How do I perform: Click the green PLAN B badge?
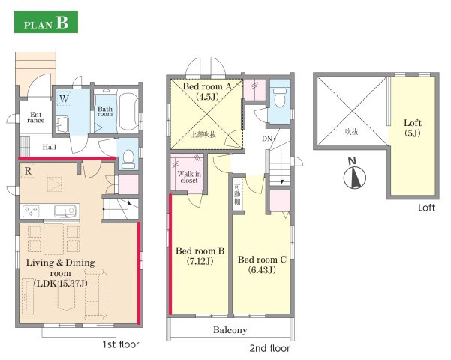tap(46, 22)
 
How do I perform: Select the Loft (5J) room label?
tap(413, 128)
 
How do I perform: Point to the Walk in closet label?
tap(189, 177)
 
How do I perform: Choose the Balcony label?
tap(230, 330)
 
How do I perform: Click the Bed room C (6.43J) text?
tap(262, 264)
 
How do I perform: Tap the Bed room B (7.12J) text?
tap(200, 256)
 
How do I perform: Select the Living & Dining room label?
tap(60, 268)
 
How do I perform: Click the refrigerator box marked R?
tap(28, 171)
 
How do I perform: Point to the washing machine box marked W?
tap(64, 99)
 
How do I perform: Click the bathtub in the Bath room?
tap(128, 111)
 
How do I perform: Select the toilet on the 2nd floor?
tap(281, 97)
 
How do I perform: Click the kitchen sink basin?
tap(65, 211)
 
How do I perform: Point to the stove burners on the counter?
tap(31, 211)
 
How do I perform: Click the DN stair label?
tap(267, 139)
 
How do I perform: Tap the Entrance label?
tap(36, 117)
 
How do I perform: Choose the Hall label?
tap(50, 147)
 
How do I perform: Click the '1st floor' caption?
tap(121, 344)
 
